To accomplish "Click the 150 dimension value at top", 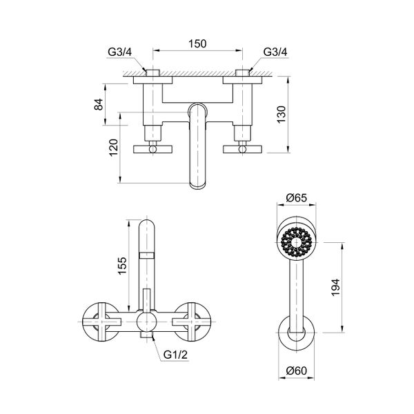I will click(198, 43).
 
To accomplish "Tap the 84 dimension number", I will click(99, 105).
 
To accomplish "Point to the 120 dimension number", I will click(115, 147).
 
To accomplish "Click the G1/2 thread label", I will click(176, 355).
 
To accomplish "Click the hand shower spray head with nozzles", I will click(297, 241).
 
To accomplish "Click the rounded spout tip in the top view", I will click(199, 181).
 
